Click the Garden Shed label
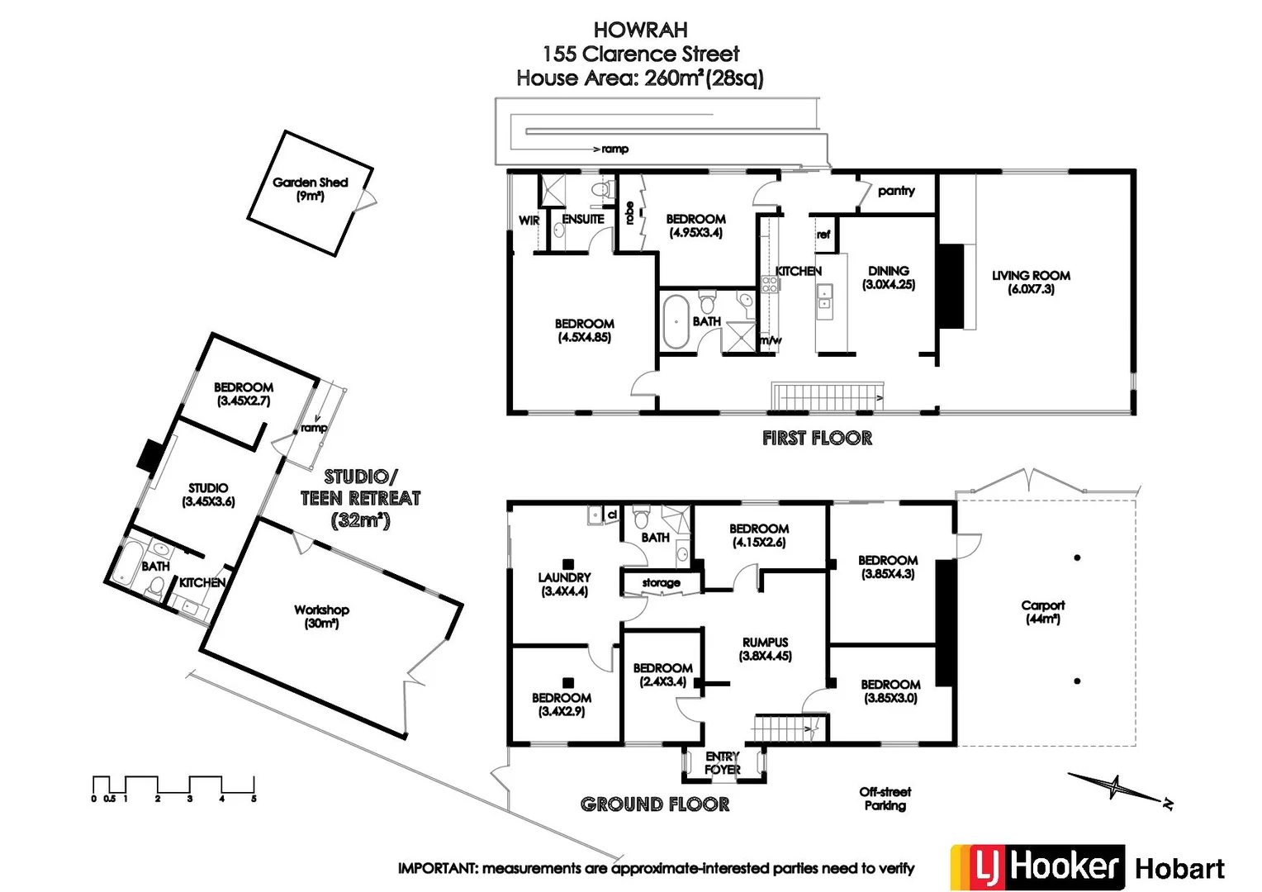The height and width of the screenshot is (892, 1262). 310,189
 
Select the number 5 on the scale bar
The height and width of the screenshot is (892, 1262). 254,799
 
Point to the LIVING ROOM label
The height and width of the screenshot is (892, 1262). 1031,282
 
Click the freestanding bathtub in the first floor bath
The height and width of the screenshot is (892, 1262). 676,322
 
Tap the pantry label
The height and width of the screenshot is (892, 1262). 896,191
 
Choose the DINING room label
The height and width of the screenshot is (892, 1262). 889,278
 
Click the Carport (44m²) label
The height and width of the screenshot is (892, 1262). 1043,612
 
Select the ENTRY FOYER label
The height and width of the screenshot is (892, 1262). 723,763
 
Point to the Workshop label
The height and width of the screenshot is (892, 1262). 321,616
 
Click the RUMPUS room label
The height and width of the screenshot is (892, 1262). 765,649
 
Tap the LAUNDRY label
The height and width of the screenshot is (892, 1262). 564,584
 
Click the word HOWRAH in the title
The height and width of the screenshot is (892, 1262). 641,30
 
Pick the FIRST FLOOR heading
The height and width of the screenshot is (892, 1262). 817,439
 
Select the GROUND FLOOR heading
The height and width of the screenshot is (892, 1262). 655,804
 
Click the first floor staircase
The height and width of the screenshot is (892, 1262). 828,396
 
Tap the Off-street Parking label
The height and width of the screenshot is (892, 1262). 885,799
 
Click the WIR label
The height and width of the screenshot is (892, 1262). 529,221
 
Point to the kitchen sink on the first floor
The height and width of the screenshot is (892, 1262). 824,297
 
